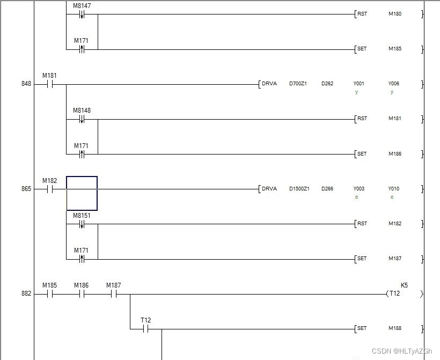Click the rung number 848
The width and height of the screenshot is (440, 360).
[26, 84]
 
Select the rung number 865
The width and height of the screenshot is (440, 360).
[26, 189]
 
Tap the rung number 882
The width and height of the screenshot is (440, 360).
[26, 294]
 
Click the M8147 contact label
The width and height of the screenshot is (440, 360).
[82, 5]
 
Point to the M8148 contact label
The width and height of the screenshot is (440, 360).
[82, 111]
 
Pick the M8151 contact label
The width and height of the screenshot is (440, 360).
[82, 215]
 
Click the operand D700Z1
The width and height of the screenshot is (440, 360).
[298, 84]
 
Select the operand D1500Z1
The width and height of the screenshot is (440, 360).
[299, 189]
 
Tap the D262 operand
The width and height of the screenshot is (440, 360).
[327, 84]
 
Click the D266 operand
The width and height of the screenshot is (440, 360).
[327, 189]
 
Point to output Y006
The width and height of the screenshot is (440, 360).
[394, 84]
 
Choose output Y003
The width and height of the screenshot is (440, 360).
[358, 189]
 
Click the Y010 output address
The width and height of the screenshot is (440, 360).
[394, 189]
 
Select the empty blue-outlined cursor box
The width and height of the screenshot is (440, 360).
[82, 193]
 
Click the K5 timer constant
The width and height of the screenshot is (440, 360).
[404, 285]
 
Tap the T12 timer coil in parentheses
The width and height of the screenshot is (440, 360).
[394, 294]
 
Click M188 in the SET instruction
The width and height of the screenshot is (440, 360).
[395, 328]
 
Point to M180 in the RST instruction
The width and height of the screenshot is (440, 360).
[395, 14]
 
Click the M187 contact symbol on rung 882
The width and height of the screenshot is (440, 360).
[113, 294]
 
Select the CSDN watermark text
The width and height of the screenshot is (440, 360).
[402, 351]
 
